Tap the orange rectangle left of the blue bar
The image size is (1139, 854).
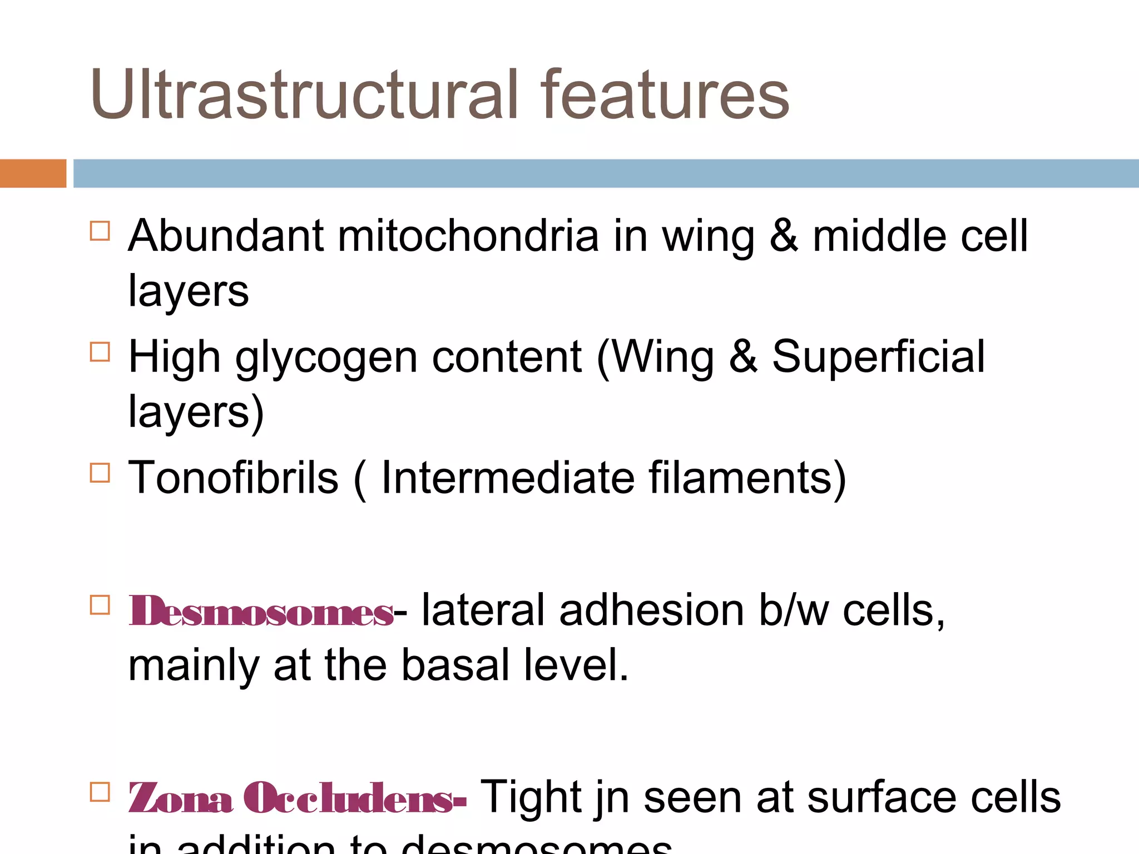click(33, 173)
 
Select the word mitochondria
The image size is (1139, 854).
click(468, 236)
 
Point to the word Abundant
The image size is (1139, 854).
click(226, 236)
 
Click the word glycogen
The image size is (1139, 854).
click(326, 358)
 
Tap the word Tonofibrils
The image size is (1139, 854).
click(233, 478)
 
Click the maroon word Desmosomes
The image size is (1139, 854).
click(261, 611)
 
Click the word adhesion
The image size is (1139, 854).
click(651, 610)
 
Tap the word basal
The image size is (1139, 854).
click(455, 665)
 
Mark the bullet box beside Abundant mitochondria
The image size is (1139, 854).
click(100, 230)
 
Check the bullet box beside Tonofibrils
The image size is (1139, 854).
click(100, 473)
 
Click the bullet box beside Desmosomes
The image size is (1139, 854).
click(100, 605)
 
